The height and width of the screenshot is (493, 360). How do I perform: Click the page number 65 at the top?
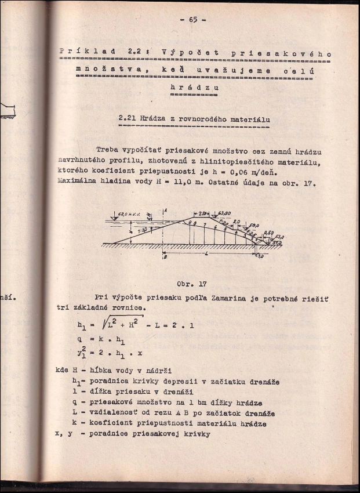193,19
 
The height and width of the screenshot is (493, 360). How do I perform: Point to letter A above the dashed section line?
165,210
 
